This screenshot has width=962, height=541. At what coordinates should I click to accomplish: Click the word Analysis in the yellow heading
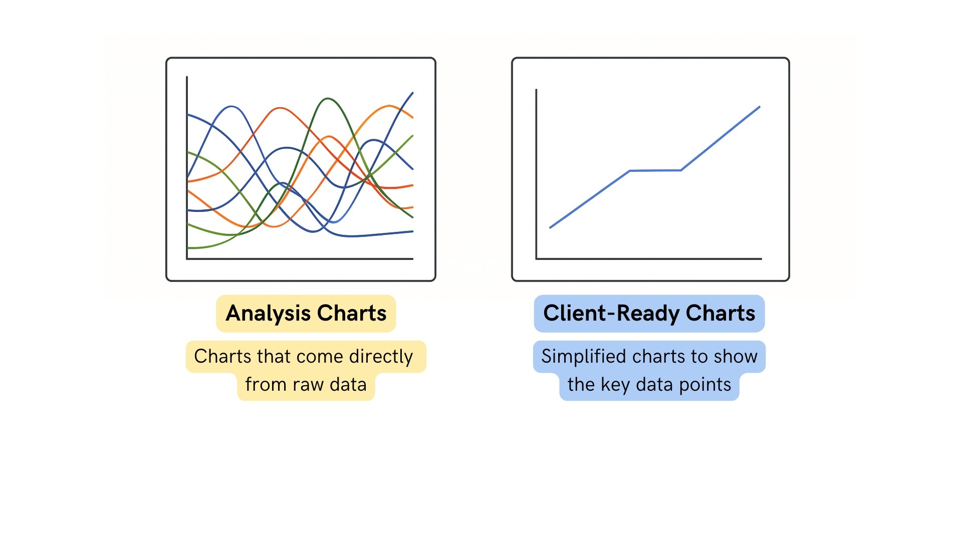[268, 314]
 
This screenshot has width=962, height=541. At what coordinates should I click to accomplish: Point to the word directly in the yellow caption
[381, 357]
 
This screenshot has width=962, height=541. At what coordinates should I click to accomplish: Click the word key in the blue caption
[615, 385]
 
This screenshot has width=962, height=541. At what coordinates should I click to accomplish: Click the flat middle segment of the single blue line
[655, 171]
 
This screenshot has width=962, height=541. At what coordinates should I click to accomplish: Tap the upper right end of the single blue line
[759, 107]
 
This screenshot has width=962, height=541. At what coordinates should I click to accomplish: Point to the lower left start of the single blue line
[551, 227]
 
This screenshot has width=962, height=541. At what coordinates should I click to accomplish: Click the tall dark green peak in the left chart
[328, 99]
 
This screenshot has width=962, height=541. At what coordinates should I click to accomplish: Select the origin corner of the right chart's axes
[537, 259]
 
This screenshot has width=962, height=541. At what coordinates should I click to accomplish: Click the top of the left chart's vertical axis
[187, 78]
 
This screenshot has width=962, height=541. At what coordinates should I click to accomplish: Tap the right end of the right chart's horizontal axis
[761, 259]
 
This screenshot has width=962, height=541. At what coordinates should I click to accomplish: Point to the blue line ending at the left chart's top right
[412, 93]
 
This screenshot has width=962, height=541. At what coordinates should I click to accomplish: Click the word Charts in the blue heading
[720, 314]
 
